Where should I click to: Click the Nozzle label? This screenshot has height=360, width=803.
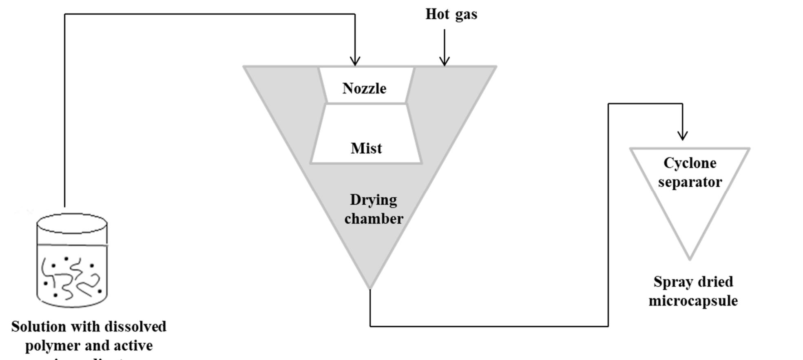(x=364, y=88)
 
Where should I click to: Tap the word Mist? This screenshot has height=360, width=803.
(x=366, y=148)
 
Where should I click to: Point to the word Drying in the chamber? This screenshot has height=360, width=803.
(x=373, y=200)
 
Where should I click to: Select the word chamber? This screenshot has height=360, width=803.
(x=374, y=219)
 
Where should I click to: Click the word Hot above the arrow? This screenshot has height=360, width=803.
(x=438, y=14)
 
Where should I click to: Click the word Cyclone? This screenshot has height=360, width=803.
(x=690, y=163)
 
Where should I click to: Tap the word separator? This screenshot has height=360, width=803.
(x=690, y=182)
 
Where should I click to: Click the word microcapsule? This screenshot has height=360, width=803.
(x=693, y=301)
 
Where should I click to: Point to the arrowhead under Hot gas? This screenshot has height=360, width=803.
(x=445, y=62)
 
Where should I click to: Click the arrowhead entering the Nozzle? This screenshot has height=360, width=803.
(x=355, y=62)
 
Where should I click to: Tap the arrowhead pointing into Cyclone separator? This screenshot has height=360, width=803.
(x=682, y=136)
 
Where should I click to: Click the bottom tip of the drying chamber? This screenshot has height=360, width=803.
(x=370, y=288)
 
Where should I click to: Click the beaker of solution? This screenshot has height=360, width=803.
(x=72, y=261)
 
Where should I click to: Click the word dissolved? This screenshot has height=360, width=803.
(x=135, y=327)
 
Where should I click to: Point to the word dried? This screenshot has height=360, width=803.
(x=715, y=282)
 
